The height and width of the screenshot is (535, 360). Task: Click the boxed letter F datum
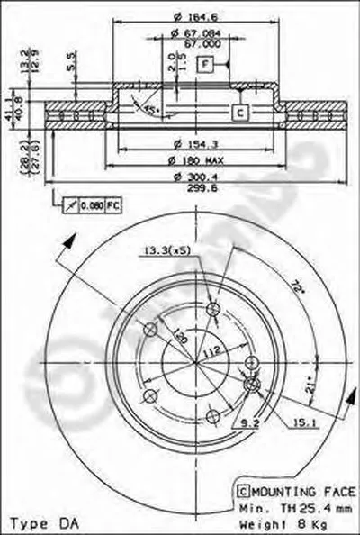tap(205, 64)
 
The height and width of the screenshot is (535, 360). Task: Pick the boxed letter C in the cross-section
tap(240, 112)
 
